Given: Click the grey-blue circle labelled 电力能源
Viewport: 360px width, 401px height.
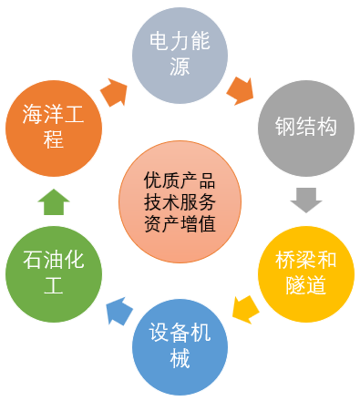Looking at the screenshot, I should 180,54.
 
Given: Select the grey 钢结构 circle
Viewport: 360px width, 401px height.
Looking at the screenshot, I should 306,127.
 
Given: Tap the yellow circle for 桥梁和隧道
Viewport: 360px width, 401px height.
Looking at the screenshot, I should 306,271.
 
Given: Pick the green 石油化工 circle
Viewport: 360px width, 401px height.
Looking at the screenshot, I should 53,271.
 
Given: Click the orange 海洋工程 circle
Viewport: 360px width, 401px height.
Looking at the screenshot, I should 53,127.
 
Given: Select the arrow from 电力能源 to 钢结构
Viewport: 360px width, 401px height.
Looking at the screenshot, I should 242,89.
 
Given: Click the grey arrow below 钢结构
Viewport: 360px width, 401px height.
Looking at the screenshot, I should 305,199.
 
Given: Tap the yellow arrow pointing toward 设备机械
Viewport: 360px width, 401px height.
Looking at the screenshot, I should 243,307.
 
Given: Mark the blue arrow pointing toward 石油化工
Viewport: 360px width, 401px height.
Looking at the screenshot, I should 117,311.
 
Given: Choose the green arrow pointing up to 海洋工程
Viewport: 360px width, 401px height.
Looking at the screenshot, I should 54,200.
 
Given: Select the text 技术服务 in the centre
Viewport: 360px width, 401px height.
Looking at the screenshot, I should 180,200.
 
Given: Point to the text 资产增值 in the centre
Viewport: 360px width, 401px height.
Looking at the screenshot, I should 180,221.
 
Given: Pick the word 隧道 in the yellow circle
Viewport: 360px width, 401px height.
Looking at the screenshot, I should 306,283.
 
